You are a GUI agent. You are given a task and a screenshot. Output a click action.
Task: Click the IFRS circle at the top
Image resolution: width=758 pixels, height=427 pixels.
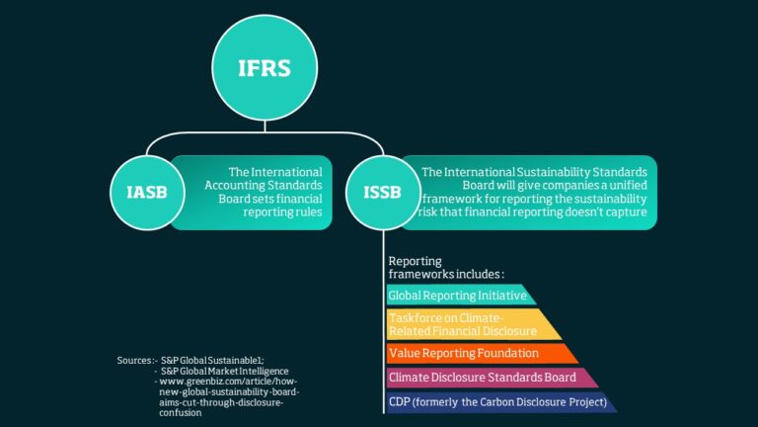point(265,68)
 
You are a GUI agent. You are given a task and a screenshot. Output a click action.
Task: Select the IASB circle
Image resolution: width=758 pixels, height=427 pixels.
point(147,193)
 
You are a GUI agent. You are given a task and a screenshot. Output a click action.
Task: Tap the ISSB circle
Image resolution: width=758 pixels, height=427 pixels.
point(383,193)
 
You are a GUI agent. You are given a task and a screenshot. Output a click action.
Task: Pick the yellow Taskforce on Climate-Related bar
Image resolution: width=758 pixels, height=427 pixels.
point(473,324)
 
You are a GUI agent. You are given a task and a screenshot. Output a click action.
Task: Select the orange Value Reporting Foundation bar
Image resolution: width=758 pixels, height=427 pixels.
point(482,354)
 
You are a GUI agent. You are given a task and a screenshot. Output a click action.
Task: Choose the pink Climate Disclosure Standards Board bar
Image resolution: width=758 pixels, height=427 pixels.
point(492,378)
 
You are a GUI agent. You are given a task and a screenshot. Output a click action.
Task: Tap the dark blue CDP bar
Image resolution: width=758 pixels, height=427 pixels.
point(500,402)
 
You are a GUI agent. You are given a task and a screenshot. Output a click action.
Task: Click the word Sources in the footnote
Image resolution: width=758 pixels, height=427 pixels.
point(135,360)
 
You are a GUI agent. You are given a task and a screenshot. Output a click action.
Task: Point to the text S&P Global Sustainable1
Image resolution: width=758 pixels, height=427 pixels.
point(212,360)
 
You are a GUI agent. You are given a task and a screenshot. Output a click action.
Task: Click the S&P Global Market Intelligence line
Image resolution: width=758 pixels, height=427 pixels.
point(224,371)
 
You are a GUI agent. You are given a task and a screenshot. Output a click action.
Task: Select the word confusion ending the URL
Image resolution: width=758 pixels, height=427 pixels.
point(181,413)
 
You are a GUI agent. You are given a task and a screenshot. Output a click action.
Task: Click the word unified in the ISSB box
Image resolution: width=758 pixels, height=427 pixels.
point(628,186)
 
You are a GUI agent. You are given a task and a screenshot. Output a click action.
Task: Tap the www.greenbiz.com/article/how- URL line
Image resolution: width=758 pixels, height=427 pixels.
point(228,382)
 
